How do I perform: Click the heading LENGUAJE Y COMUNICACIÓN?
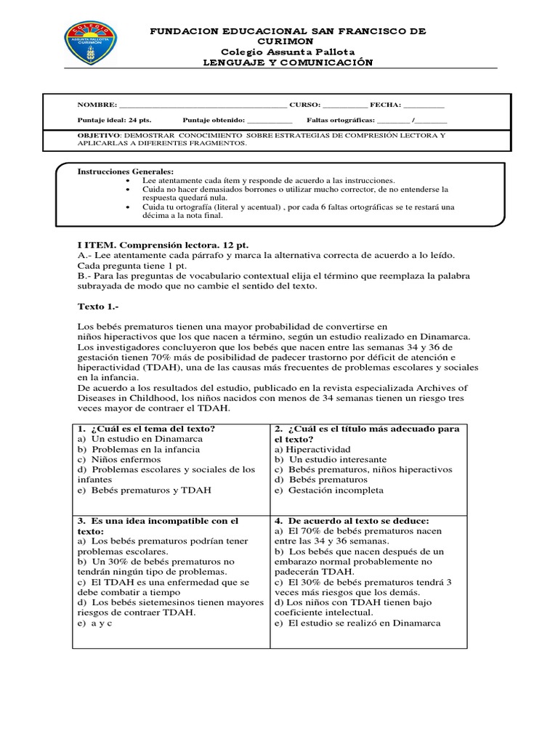coord(288,62)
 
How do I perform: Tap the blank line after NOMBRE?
coord(203,105)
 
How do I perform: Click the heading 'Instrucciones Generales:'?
coord(121,171)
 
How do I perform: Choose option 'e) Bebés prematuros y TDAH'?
coord(144,490)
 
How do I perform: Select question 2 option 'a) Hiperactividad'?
coord(312,450)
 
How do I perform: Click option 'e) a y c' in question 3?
coord(94,623)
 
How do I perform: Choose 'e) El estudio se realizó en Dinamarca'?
coord(357,623)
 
